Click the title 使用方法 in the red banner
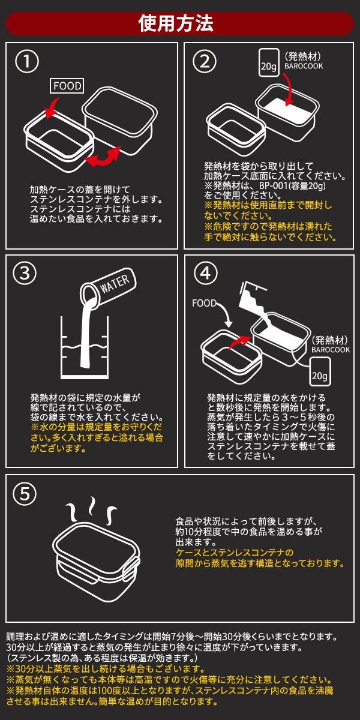point(176,23)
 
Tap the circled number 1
point(27,61)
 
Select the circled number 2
point(205,61)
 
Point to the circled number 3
point(25,274)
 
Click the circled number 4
point(205,274)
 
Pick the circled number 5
point(25,494)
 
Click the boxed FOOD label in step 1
point(67,86)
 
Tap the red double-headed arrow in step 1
point(103,157)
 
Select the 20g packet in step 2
point(269,62)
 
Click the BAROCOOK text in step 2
point(304,66)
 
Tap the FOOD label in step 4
point(204,304)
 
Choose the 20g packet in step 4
point(320,372)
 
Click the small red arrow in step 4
point(239,341)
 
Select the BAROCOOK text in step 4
point(331,350)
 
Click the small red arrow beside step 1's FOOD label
point(52,108)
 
